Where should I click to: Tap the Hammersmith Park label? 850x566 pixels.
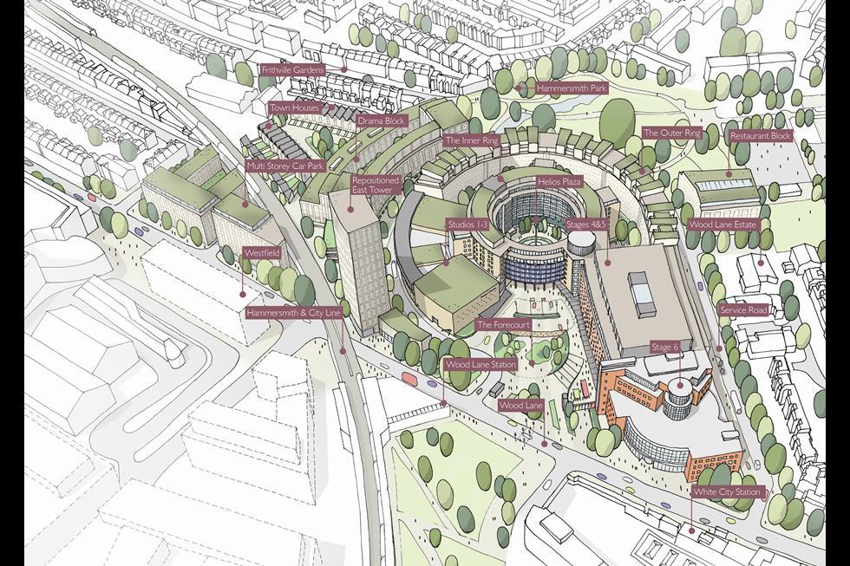(x=571, y=88)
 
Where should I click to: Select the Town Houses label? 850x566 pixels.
(x=295, y=108)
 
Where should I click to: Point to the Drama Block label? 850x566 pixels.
(x=382, y=120)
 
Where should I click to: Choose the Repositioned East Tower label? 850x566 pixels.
(x=375, y=185)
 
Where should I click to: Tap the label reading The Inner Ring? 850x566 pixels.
(x=471, y=140)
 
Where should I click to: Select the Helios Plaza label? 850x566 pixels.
(x=559, y=184)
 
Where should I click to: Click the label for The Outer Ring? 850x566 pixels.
(x=670, y=133)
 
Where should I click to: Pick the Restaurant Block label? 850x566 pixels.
(x=760, y=136)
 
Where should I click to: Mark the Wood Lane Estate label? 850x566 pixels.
(x=722, y=224)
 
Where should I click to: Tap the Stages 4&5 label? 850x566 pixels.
(x=588, y=224)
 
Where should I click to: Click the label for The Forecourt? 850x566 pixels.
(x=503, y=325)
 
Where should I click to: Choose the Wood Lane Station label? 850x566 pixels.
(x=480, y=365)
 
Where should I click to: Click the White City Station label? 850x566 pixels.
(x=726, y=492)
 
